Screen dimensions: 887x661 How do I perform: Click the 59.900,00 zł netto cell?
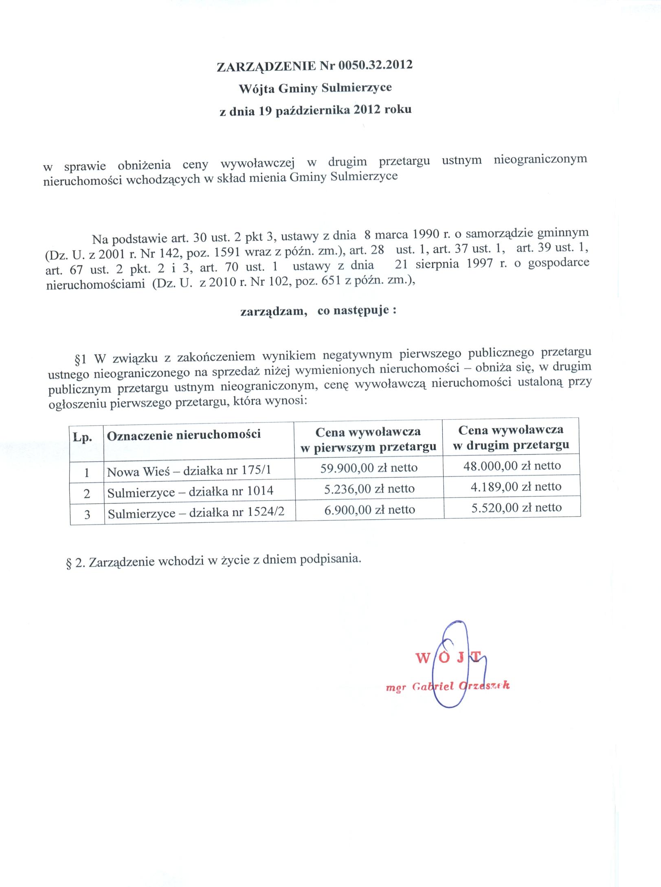(369, 468)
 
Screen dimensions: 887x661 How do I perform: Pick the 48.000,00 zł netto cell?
(512, 466)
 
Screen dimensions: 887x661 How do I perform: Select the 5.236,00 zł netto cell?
(369, 489)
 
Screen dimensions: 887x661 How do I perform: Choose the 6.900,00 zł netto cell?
(369, 510)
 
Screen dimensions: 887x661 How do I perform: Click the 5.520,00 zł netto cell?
(516, 507)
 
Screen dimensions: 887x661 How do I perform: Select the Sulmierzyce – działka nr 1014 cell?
(190, 492)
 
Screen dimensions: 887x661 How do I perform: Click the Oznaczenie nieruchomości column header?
(183, 435)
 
